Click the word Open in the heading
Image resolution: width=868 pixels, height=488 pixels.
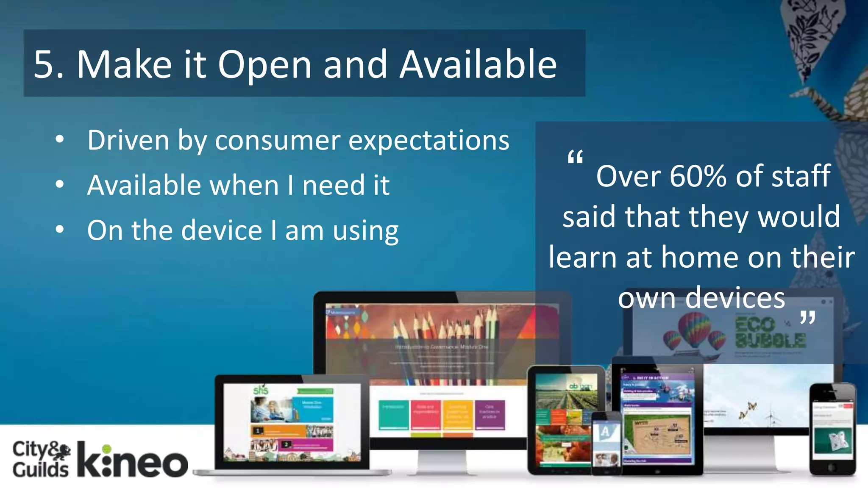[x=264, y=65]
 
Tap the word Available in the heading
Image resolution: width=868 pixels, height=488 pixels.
[x=478, y=65]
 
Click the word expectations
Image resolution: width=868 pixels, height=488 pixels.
[x=428, y=141]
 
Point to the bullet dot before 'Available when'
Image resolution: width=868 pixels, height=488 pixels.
[x=60, y=184]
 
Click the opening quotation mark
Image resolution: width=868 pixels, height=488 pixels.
[x=575, y=158]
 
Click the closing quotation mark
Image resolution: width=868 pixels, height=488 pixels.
[x=807, y=317]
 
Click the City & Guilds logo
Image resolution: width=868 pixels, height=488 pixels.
[x=41, y=459]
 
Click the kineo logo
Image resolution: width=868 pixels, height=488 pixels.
[x=132, y=460]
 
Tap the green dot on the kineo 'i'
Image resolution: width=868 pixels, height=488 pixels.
[x=107, y=449]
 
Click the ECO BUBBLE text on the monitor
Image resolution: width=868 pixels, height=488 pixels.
[x=769, y=333]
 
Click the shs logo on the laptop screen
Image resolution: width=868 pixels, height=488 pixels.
[x=260, y=390]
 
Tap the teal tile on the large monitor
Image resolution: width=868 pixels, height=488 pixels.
[x=393, y=415]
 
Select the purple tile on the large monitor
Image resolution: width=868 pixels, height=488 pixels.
[x=490, y=415]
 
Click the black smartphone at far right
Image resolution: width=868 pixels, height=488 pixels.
[x=832, y=430]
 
